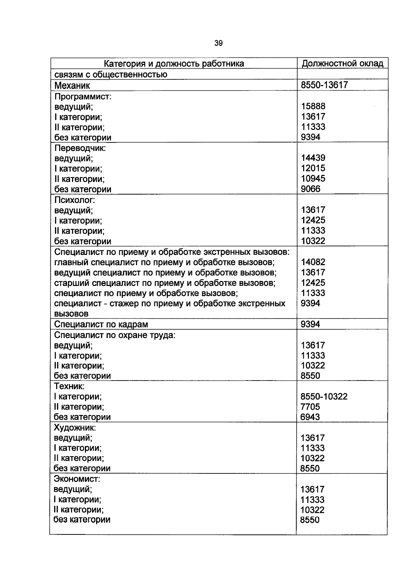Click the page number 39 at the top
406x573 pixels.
pyautogui.click(x=219, y=43)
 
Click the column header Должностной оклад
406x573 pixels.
pyautogui.click(x=342, y=63)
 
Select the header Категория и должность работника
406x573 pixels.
pyautogui.click(x=174, y=63)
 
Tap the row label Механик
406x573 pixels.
pyautogui.click(x=72, y=85)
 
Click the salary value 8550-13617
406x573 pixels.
pyautogui.click(x=324, y=85)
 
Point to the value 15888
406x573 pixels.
pyautogui.click(x=313, y=106)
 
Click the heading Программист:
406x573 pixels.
pyautogui.click(x=83, y=97)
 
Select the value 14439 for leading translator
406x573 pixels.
pyautogui.click(x=313, y=158)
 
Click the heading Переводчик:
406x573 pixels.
pyautogui.click(x=80, y=148)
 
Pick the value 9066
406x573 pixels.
pyautogui.click(x=310, y=189)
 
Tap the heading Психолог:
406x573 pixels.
pyautogui.click(x=75, y=200)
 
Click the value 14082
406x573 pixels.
pyautogui.click(x=313, y=262)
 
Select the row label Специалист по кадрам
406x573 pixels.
pyautogui.click(x=101, y=324)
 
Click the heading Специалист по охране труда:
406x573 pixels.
pyautogui.click(x=115, y=335)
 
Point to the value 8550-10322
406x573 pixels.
pyautogui.click(x=324, y=396)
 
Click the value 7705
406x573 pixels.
pyautogui.click(x=310, y=407)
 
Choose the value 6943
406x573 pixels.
pyautogui.click(x=310, y=417)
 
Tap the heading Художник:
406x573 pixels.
pyautogui.click(x=75, y=427)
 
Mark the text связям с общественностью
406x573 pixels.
pyautogui.click(x=111, y=74)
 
